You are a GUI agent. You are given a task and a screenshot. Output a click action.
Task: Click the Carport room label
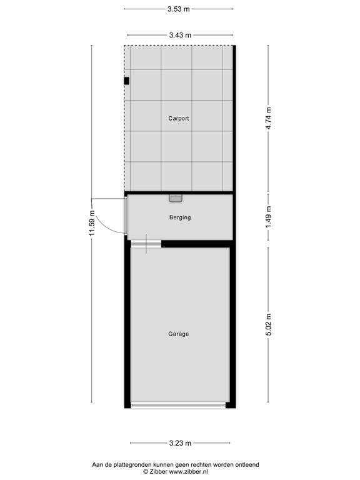179,119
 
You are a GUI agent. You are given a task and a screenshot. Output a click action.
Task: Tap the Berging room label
180,217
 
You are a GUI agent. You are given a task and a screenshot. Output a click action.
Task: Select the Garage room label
179,334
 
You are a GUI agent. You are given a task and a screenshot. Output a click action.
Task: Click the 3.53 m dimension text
179,9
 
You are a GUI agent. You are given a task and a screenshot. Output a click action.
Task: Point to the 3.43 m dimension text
180,35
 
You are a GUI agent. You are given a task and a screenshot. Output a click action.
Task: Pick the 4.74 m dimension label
269,118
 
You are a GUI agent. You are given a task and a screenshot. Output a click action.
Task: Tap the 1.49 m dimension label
269,217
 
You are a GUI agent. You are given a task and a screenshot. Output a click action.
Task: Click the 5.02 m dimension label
269,324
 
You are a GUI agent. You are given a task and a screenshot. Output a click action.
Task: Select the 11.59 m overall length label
92,224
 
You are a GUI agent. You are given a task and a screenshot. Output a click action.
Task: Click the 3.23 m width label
180,443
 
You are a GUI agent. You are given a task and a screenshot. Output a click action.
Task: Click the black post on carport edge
126,81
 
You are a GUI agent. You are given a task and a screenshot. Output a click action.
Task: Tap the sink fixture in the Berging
176,198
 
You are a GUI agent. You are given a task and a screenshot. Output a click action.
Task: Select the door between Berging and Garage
146,244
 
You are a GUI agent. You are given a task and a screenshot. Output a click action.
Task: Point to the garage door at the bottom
179,405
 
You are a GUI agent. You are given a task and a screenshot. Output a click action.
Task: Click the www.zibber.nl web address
189,472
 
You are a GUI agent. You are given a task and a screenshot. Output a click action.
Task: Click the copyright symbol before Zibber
146,472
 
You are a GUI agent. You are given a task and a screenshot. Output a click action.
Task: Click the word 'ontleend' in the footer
247,465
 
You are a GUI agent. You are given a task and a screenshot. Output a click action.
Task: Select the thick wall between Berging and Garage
197,244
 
